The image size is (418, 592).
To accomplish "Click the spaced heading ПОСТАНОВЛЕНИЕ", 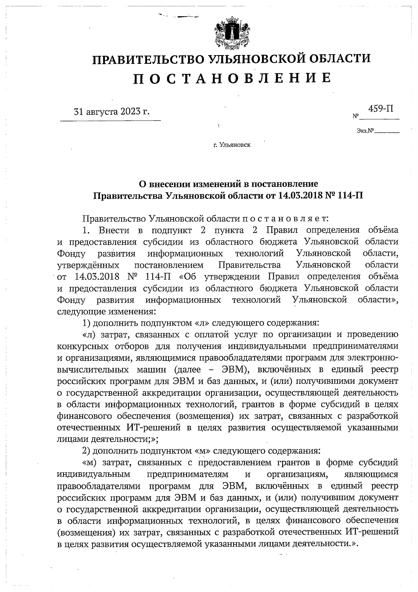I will pos(232,78).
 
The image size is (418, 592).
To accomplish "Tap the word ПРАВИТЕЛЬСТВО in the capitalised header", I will pos(148,59).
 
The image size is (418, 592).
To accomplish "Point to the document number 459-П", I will pos(381,108).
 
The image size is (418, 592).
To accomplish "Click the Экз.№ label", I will pos(365,131).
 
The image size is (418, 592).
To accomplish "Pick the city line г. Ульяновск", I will pos(232,144).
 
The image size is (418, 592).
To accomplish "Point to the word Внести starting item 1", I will pos(114,230).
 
